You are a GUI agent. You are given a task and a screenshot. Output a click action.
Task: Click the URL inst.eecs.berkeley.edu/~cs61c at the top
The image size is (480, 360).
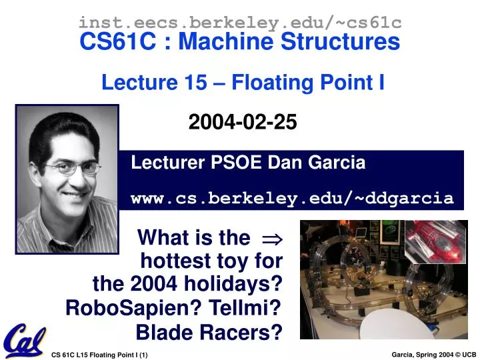point(240,23)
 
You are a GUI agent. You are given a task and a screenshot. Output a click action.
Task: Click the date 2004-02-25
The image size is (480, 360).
point(243,122)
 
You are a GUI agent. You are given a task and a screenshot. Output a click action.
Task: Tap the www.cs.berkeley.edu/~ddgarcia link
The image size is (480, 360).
point(292,198)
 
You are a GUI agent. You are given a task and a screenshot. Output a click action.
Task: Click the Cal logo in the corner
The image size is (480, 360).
point(23,341)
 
